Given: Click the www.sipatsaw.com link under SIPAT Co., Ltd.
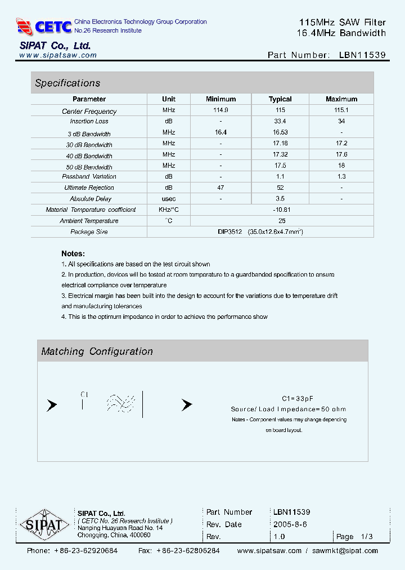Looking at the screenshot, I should [58, 56].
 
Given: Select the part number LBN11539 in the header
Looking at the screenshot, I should [362, 55].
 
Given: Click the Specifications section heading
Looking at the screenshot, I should [67, 83].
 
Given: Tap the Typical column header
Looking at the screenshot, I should [280, 99].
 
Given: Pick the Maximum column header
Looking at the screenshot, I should [341, 99].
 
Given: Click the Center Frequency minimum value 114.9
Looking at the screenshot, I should [220, 111].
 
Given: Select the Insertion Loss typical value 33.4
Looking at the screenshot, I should [280, 121].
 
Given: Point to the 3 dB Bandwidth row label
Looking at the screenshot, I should [89, 134].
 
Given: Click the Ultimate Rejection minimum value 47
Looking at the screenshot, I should [220, 188].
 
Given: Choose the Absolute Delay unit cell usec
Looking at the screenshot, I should [169, 199].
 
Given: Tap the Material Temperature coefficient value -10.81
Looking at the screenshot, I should [280, 210].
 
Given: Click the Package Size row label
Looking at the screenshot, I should [89, 232].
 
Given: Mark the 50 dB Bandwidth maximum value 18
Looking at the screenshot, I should [341, 166].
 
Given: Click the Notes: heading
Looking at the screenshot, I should [73, 254].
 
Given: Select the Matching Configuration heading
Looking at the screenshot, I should [97, 351].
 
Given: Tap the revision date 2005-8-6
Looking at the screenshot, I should [290, 524].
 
